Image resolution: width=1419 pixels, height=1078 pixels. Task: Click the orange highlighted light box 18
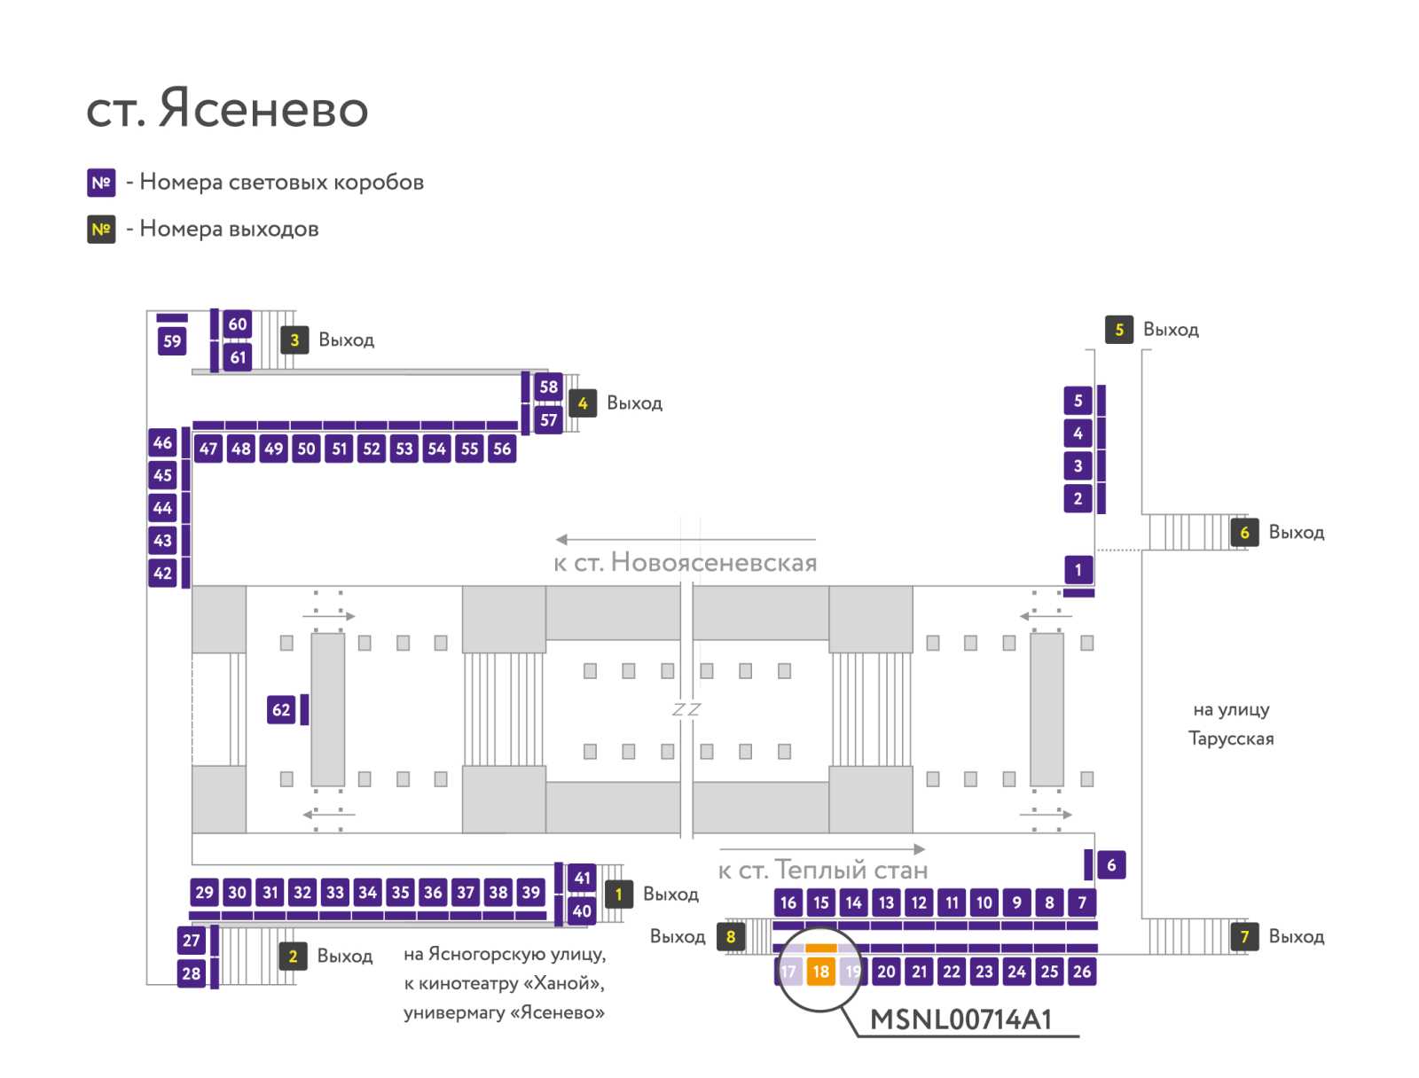pyautogui.click(x=819, y=971)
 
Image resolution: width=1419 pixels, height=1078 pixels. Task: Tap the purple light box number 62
pyautogui.click(x=280, y=709)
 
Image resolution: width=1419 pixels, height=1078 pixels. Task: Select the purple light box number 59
pyautogui.click(x=172, y=341)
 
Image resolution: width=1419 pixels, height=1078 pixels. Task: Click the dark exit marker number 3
pyautogui.click(x=294, y=340)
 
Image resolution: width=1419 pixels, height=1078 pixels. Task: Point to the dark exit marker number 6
pyautogui.click(x=1243, y=532)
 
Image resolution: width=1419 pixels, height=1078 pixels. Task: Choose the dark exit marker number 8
pyautogui.click(x=731, y=936)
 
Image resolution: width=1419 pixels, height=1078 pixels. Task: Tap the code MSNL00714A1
pyautogui.click(x=960, y=1019)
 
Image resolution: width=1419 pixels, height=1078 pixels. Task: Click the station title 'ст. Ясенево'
pyautogui.click(x=227, y=108)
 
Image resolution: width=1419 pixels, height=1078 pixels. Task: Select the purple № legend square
pyautogui.click(x=101, y=183)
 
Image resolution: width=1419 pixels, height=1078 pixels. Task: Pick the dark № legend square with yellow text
pyautogui.click(x=101, y=230)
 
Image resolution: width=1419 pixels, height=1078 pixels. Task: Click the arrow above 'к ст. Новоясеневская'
pyautogui.click(x=686, y=539)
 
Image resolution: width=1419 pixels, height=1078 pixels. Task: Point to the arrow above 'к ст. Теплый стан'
pyautogui.click(x=821, y=848)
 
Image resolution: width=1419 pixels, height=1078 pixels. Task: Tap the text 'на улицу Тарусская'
pyautogui.click(x=1230, y=723)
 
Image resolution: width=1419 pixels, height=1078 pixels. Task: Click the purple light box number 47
pyautogui.click(x=208, y=449)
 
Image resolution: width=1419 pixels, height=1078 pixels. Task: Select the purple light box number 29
pyautogui.click(x=204, y=892)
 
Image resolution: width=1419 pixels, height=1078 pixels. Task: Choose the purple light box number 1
pyautogui.click(x=1078, y=569)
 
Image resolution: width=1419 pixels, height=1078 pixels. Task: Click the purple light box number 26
pyautogui.click(x=1081, y=971)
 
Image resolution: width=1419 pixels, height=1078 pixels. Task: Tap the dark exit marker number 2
pyautogui.click(x=293, y=956)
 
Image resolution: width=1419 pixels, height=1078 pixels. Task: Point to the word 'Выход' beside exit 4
pyautogui.click(x=634, y=403)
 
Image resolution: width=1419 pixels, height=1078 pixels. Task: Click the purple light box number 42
pyautogui.click(x=162, y=573)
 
